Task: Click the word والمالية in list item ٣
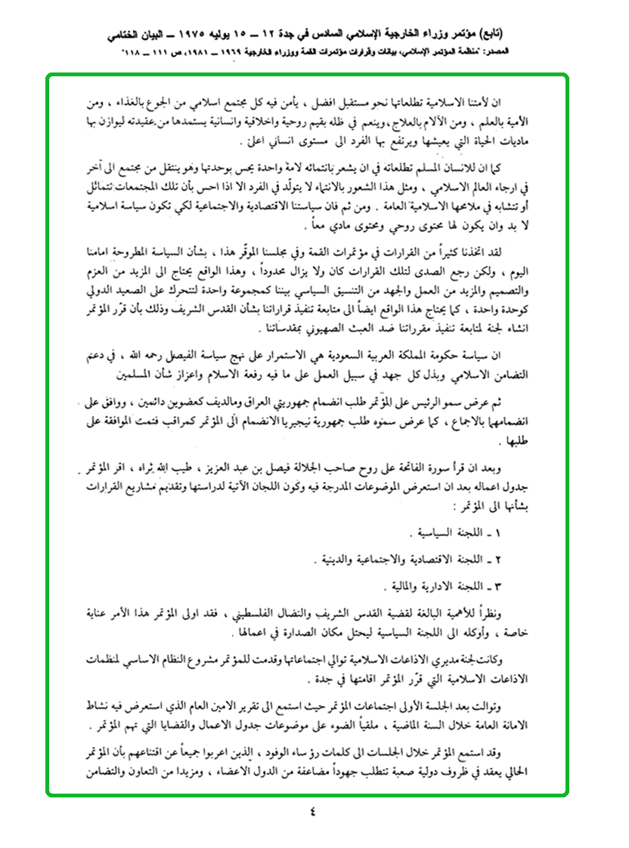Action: point(410,586)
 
